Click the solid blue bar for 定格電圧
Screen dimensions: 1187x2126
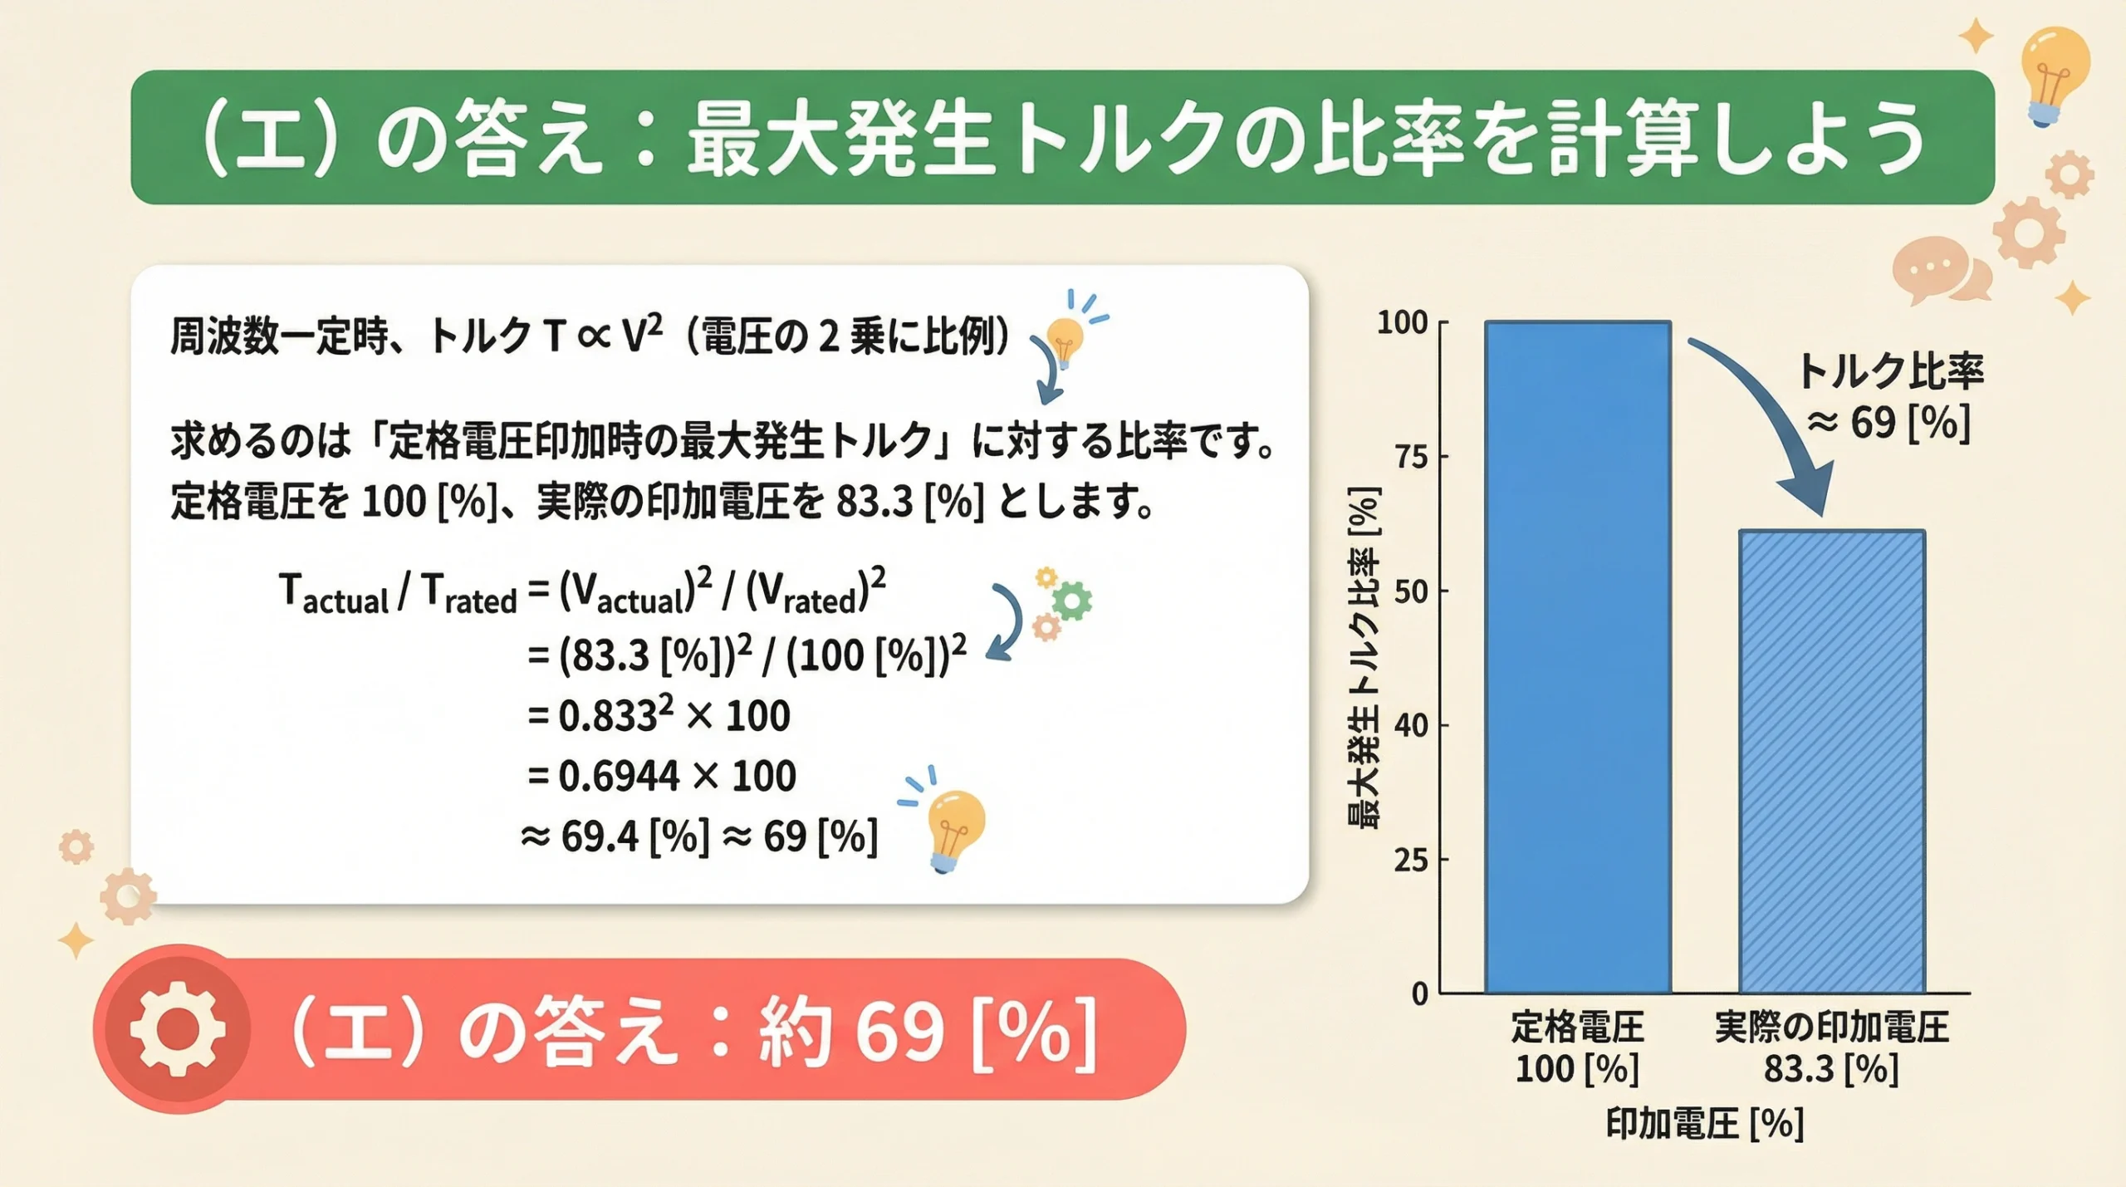pos(1577,656)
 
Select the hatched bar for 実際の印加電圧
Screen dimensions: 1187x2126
pos(1831,761)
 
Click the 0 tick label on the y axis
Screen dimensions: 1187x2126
pos(1421,993)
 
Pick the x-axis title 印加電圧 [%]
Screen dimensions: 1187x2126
pos(1704,1124)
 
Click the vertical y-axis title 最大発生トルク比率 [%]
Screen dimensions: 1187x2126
pos(1363,656)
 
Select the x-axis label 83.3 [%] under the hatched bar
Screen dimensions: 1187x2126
pos(1831,1069)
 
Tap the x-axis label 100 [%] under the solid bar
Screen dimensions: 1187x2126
pos(1577,1069)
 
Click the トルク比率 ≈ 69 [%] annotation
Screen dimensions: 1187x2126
pos(1890,397)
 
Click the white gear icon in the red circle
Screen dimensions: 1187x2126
pos(177,1029)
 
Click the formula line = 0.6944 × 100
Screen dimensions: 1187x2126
pos(662,776)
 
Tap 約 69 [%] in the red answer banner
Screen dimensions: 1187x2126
pos(926,1032)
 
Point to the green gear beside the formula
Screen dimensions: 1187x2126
pos(1072,600)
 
